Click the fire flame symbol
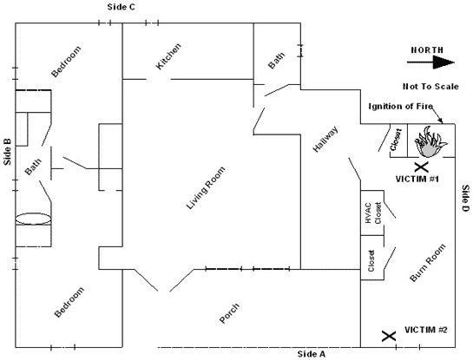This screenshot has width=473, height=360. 428,141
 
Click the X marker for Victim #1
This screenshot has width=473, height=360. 421,167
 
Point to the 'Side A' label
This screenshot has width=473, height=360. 311,354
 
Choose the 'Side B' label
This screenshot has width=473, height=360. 7,153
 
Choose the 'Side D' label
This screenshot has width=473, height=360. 464,200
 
